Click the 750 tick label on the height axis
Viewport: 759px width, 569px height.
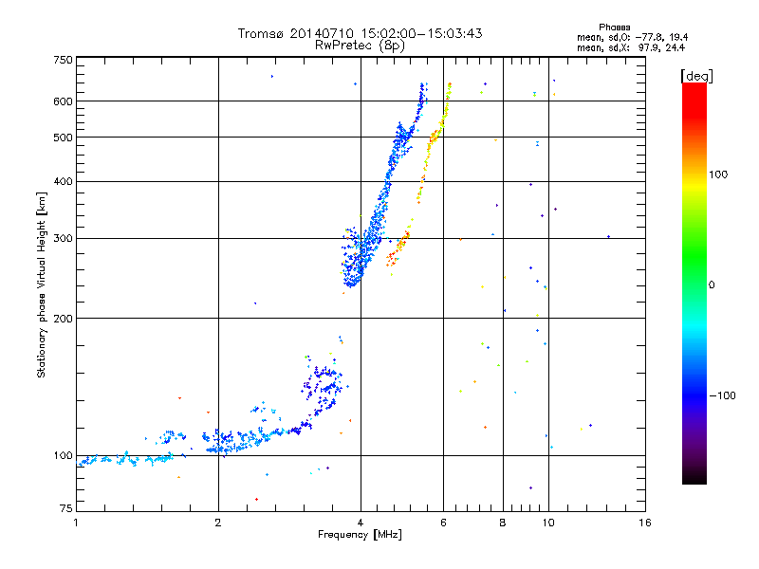(63, 60)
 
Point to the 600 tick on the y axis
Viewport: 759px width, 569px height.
(63, 101)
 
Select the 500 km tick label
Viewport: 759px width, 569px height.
(63, 137)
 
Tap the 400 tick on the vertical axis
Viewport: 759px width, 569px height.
(63, 181)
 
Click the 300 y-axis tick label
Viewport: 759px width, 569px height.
(63, 238)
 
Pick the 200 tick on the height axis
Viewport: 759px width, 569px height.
(63, 318)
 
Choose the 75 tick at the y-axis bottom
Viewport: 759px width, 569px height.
(65, 509)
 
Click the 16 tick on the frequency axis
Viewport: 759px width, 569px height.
(644, 522)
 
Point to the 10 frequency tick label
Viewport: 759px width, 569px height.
(547, 522)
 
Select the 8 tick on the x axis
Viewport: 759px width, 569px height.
(503, 522)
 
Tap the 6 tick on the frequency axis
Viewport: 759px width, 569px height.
(443, 522)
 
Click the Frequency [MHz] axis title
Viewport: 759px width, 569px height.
(361, 534)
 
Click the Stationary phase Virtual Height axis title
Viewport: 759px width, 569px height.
(42, 284)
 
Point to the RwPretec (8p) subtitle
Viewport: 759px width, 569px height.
(361, 45)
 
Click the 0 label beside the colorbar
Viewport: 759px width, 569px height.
(713, 284)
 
